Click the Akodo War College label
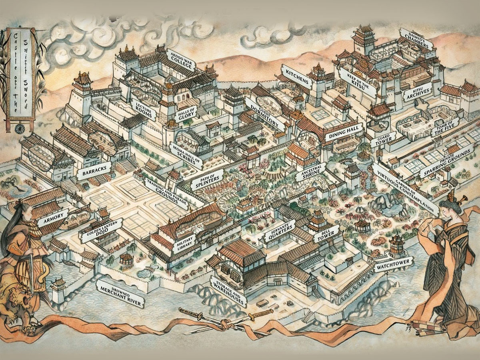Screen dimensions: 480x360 [181, 60]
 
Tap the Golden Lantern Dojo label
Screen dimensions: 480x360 [101, 230]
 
